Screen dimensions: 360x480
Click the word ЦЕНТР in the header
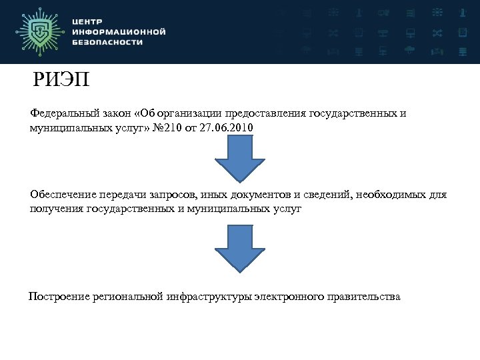(88, 21)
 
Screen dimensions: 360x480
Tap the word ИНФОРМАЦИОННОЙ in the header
(118, 31)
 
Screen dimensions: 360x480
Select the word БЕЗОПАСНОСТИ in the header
(107, 41)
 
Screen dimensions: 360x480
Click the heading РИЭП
(61, 81)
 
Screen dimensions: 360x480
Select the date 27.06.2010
(226, 127)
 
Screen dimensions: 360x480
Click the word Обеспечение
(63, 195)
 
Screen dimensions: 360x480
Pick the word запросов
(172, 195)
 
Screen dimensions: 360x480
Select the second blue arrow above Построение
(239, 247)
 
